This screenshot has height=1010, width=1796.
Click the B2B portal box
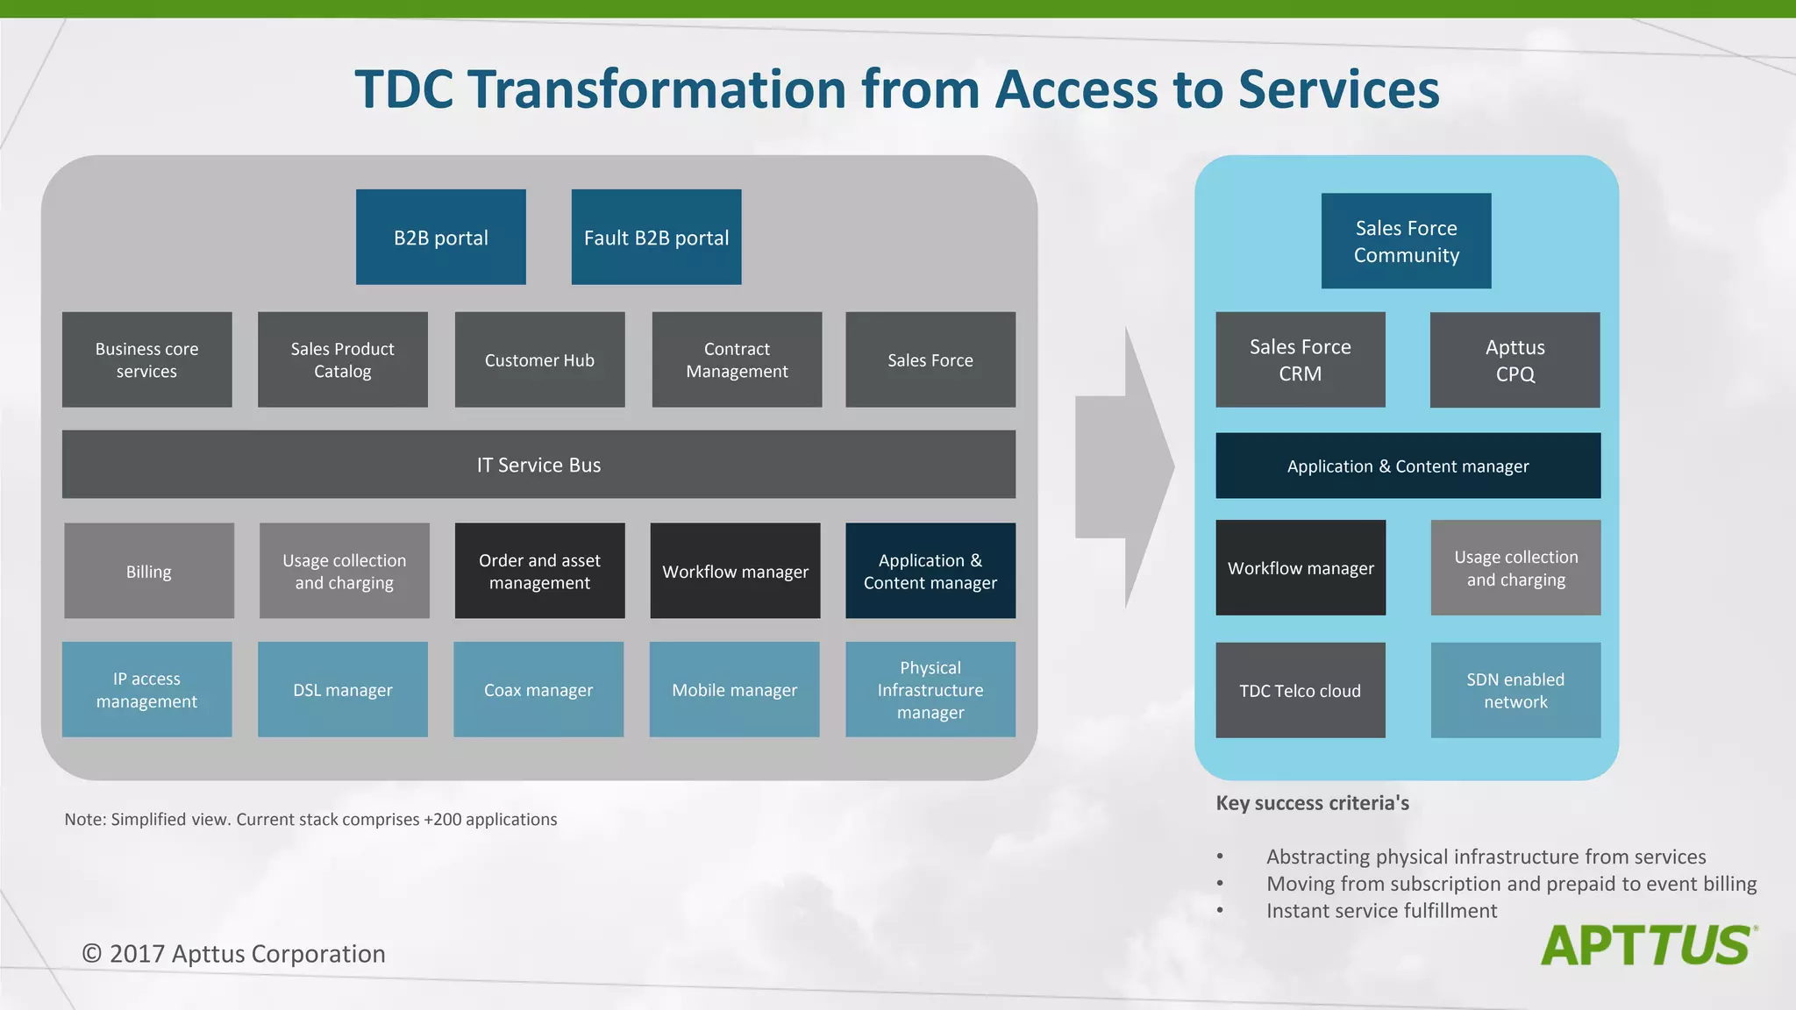click(x=440, y=237)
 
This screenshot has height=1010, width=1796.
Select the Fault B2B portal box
click(x=656, y=237)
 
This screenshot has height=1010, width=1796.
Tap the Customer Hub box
click(x=539, y=359)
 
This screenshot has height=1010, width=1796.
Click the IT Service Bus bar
click(x=538, y=464)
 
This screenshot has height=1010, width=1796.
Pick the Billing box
click(x=149, y=571)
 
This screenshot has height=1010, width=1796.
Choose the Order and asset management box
click(x=539, y=571)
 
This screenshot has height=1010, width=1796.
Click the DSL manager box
click(x=342, y=689)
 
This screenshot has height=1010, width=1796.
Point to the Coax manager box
click(x=538, y=689)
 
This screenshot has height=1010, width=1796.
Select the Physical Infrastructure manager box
click(x=930, y=689)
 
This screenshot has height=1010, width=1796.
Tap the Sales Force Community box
click(x=1406, y=241)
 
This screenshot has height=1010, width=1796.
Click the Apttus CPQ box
click(x=1514, y=359)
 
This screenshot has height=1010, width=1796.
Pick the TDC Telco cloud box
click(x=1300, y=690)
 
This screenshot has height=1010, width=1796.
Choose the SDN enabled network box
click(x=1515, y=690)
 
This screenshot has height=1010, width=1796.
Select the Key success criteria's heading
click(x=1312, y=803)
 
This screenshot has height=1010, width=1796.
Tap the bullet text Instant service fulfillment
click(x=1381, y=911)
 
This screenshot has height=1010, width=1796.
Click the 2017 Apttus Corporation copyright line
click(x=233, y=954)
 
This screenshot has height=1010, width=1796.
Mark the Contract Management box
click(x=737, y=359)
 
